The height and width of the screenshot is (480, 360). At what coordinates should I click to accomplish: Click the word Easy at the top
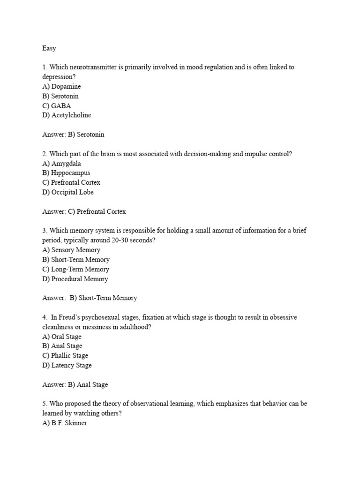49,48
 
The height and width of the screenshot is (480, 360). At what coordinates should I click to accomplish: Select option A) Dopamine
61,87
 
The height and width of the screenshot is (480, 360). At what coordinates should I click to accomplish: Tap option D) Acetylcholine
67,115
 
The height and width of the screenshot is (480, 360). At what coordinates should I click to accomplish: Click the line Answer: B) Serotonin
73,135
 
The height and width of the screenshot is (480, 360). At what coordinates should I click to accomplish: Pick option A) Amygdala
61,164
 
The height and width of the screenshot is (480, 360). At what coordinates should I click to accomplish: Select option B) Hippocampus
66,173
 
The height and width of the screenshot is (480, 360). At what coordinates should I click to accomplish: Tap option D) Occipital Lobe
68,192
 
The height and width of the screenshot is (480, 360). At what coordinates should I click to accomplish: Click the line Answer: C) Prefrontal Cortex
84,211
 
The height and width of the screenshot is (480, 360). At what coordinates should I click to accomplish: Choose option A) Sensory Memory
71,250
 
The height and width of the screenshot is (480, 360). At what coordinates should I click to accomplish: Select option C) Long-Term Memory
75,269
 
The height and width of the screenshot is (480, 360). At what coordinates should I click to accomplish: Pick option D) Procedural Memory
75,279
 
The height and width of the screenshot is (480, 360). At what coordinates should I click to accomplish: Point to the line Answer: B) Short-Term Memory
90,298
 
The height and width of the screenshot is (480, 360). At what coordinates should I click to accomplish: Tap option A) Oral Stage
62,337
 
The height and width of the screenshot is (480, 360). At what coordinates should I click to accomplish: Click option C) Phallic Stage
65,356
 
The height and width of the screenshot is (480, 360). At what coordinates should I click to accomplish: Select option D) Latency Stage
67,365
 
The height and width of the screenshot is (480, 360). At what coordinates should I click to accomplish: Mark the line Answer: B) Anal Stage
75,385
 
